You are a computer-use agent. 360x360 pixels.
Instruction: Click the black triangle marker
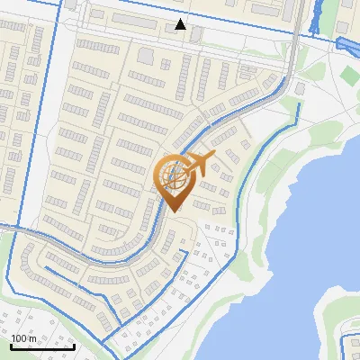point(181,24)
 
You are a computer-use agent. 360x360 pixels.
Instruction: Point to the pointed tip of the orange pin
point(175,211)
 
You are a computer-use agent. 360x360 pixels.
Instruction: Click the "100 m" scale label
point(24,338)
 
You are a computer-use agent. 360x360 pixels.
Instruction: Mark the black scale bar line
point(42,346)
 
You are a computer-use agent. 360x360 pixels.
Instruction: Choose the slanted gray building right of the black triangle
point(197,34)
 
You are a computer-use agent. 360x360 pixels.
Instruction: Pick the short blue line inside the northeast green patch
point(299,91)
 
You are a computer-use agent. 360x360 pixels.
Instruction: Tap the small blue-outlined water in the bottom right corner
point(346,346)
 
